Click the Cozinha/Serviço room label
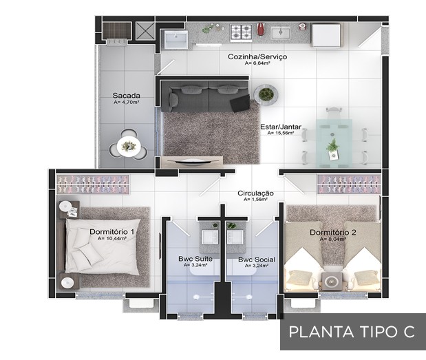coord(257,56)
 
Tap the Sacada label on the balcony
coord(127,96)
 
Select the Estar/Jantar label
coord(281,127)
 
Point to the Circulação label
coord(255,193)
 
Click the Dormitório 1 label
coord(112,232)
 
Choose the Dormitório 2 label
coord(333,233)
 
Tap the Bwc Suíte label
coord(195,259)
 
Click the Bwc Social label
coord(257,260)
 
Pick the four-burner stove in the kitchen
coord(240,32)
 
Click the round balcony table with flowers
coord(129,146)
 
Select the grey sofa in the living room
coord(205,96)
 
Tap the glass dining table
coord(334,143)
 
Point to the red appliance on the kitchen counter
coord(261,29)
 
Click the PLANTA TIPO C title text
coord(352,332)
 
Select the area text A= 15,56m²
coord(281,134)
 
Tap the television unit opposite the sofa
coord(192,161)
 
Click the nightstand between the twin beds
coord(332,281)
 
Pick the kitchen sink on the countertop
coord(281,33)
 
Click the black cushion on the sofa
coord(240,103)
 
